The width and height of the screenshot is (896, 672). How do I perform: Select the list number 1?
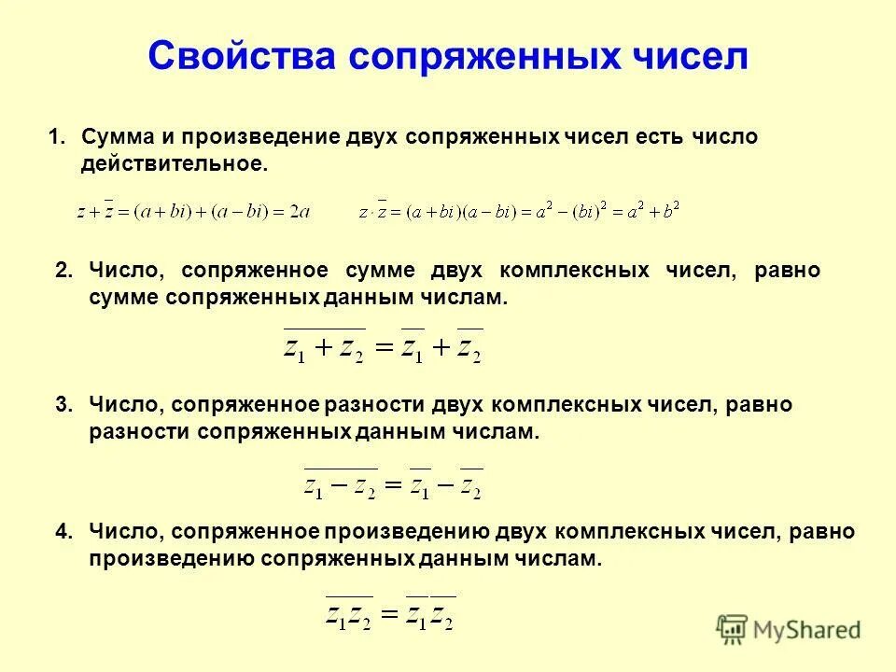(x=57, y=137)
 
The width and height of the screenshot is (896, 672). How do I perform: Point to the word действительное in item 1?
(x=175, y=164)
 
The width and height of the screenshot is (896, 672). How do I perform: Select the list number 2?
(x=63, y=271)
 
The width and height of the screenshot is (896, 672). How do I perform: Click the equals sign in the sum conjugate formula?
(x=383, y=349)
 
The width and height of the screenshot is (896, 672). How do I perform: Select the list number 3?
(x=63, y=405)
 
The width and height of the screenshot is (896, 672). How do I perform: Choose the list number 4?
(x=63, y=532)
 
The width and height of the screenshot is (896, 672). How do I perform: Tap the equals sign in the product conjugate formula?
(x=388, y=615)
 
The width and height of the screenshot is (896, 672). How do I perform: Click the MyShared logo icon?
(x=732, y=630)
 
